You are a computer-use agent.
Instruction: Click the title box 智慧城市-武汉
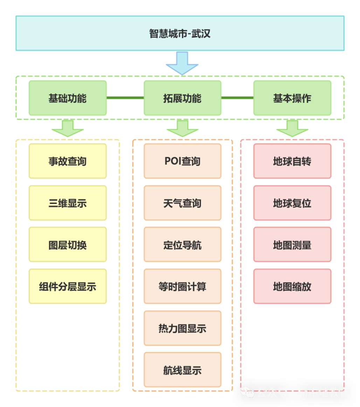click(x=180, y=33)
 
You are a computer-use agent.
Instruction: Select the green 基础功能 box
click(x=68, y=98)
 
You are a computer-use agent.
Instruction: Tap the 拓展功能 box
click(x=182, y=98)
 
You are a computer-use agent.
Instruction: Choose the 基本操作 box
click(x=292, y=98)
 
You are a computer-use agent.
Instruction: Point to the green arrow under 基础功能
click(x=68, y=128)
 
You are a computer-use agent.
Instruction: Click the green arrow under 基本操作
click(x=292, y=128)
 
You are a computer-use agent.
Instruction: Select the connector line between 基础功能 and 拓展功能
click(x=125, y=98)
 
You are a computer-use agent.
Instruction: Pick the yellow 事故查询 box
click(x=68, y=161)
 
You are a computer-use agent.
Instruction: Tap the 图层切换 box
click(x=68, y=244)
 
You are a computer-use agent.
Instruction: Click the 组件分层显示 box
click(x=68, y=286)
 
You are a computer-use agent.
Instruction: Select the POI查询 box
click(x=182, y=161)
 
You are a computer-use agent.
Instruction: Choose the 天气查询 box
click(x=182, y=203)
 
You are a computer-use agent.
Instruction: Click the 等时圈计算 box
click(x=182, y=286)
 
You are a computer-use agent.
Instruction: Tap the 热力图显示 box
click(x=182, y=328)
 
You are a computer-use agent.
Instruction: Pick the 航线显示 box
click(x=182, y=370)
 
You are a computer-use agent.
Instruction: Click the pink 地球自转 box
click(x=292, y=161)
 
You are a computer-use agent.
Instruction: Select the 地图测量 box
click(x=292, y=244)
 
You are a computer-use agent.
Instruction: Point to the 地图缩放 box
click(x=292, y=286)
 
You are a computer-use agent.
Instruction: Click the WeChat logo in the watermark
click(x=248, y=392)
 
